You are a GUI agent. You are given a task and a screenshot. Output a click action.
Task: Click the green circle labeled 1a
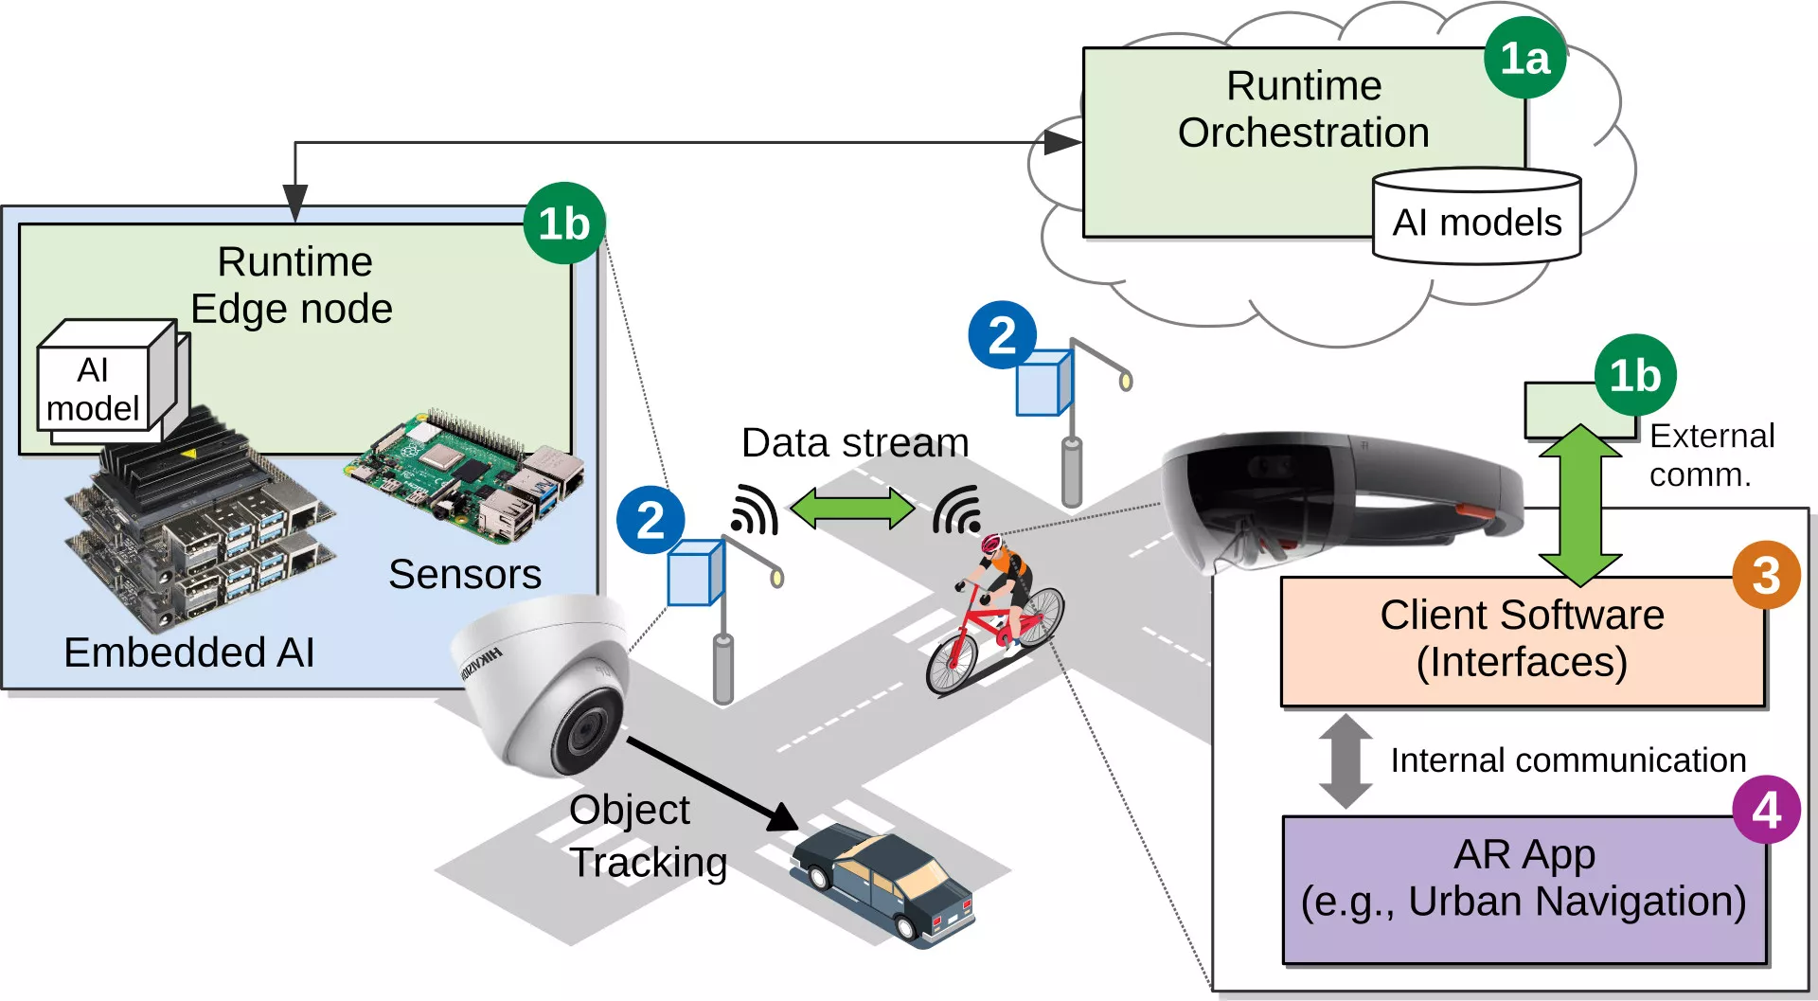point(1524,59)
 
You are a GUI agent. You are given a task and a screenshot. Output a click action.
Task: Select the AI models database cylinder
point(1476,217)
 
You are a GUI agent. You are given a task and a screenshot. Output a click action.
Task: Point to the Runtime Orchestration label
point(1304,110)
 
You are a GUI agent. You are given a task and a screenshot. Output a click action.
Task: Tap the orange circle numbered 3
point(1766,575)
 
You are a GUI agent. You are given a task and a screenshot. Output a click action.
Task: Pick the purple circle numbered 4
point(1766,810)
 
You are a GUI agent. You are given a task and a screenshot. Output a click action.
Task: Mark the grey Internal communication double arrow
point(1346,760)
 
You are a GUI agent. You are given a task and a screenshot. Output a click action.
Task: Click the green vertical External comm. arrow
point(1580,504)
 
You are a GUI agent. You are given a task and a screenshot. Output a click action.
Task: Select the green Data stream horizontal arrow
point(852,509)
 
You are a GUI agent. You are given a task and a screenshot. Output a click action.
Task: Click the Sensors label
point(465,574)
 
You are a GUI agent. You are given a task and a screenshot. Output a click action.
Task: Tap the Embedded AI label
point(188,652)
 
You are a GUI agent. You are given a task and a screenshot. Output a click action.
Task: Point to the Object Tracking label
point(647,836)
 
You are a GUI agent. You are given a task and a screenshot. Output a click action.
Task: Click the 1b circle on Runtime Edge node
point(564,223)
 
